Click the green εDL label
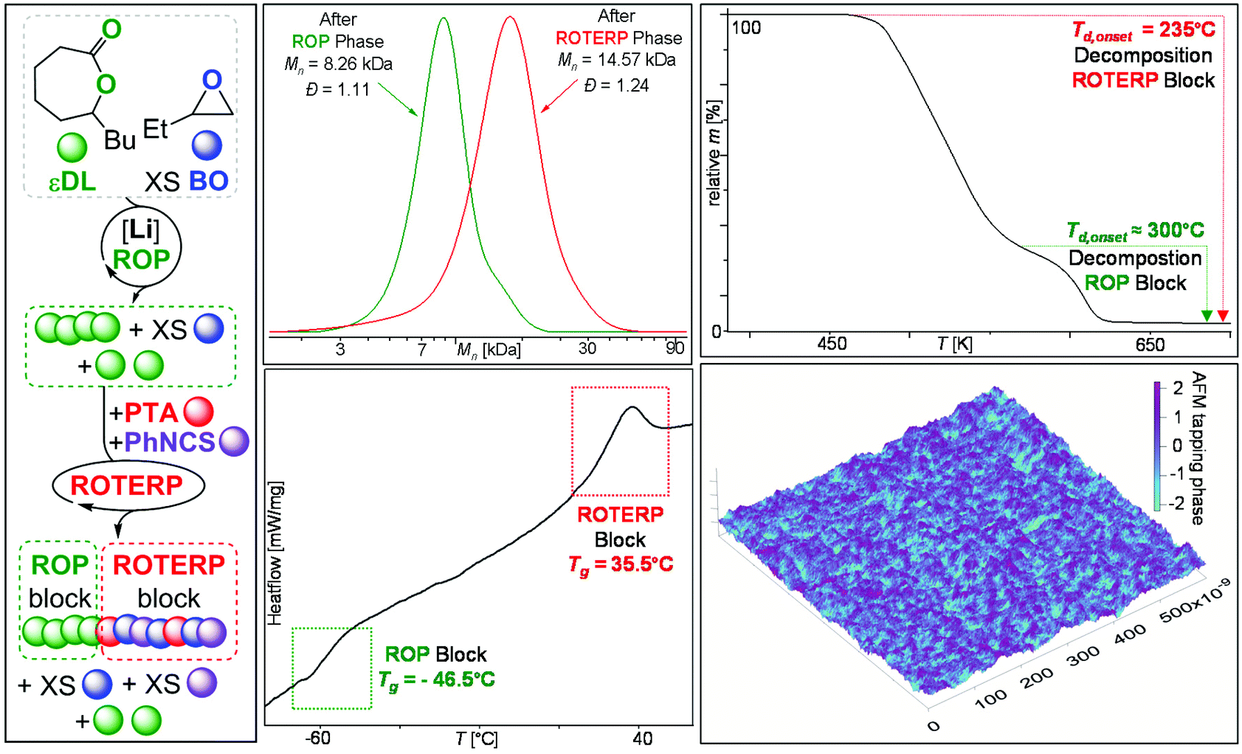tap(72, 181)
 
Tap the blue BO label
tap(208, 181)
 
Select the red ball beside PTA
tap(199, 412)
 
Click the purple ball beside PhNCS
tap(235, 442)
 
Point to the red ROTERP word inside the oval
tap(126, 485)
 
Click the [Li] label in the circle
tap(140, 231)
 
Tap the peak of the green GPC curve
tap(444, 19)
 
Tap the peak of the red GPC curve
tap(509, 18)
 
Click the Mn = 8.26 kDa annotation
tap(339, 64)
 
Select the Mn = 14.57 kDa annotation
tap(617, 60)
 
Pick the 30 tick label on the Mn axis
tap(587, 347)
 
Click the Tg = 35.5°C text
tap(621, 564)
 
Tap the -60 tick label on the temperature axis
tap(317, 738)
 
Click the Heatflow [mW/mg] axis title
tap(275, 553)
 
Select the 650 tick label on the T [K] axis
tap(1150, 345)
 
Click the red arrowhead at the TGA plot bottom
tap(1223, 316)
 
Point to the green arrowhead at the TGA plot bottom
tap(1207, 316)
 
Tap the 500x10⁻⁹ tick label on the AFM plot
tap(1194, 601)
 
